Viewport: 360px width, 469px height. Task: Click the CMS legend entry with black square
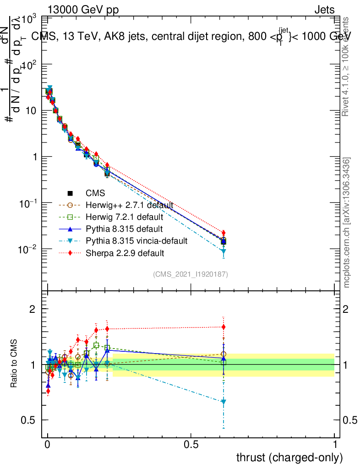point(95,192)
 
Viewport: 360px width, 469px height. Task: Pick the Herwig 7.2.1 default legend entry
point(125,217)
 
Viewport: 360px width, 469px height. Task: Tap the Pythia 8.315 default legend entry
point(124,229)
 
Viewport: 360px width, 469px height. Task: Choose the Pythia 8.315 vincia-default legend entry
point(136,240)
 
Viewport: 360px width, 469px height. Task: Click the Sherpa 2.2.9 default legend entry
point(125,252)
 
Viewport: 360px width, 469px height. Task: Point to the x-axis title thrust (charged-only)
point(289,457)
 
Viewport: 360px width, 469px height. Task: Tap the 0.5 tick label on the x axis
point(191,444)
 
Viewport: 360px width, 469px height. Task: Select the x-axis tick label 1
point(334,444)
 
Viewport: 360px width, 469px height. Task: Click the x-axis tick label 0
point(48,444)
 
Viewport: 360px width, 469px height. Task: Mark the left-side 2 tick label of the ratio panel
point(33,309)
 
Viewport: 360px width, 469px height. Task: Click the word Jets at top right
point(324,10)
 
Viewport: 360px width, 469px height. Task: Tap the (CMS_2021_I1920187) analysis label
point(191,274)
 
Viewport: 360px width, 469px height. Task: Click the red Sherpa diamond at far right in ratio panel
point(224,327)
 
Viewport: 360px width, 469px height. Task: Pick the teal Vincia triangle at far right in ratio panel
point(224,402)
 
